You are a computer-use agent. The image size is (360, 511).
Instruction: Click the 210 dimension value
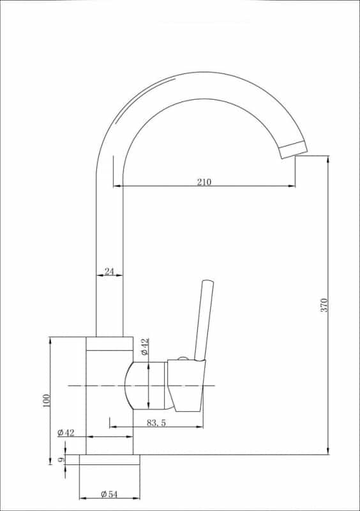point(204,182)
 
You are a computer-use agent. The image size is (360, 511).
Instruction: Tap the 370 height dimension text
point(324,305)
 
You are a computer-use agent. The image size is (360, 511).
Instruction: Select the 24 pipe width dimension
point(109,271)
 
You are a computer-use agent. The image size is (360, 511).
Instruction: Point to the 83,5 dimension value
point(156,422)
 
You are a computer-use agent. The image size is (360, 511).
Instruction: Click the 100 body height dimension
point(46,400)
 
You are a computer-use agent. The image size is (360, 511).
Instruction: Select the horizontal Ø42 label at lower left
point(66,432)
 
